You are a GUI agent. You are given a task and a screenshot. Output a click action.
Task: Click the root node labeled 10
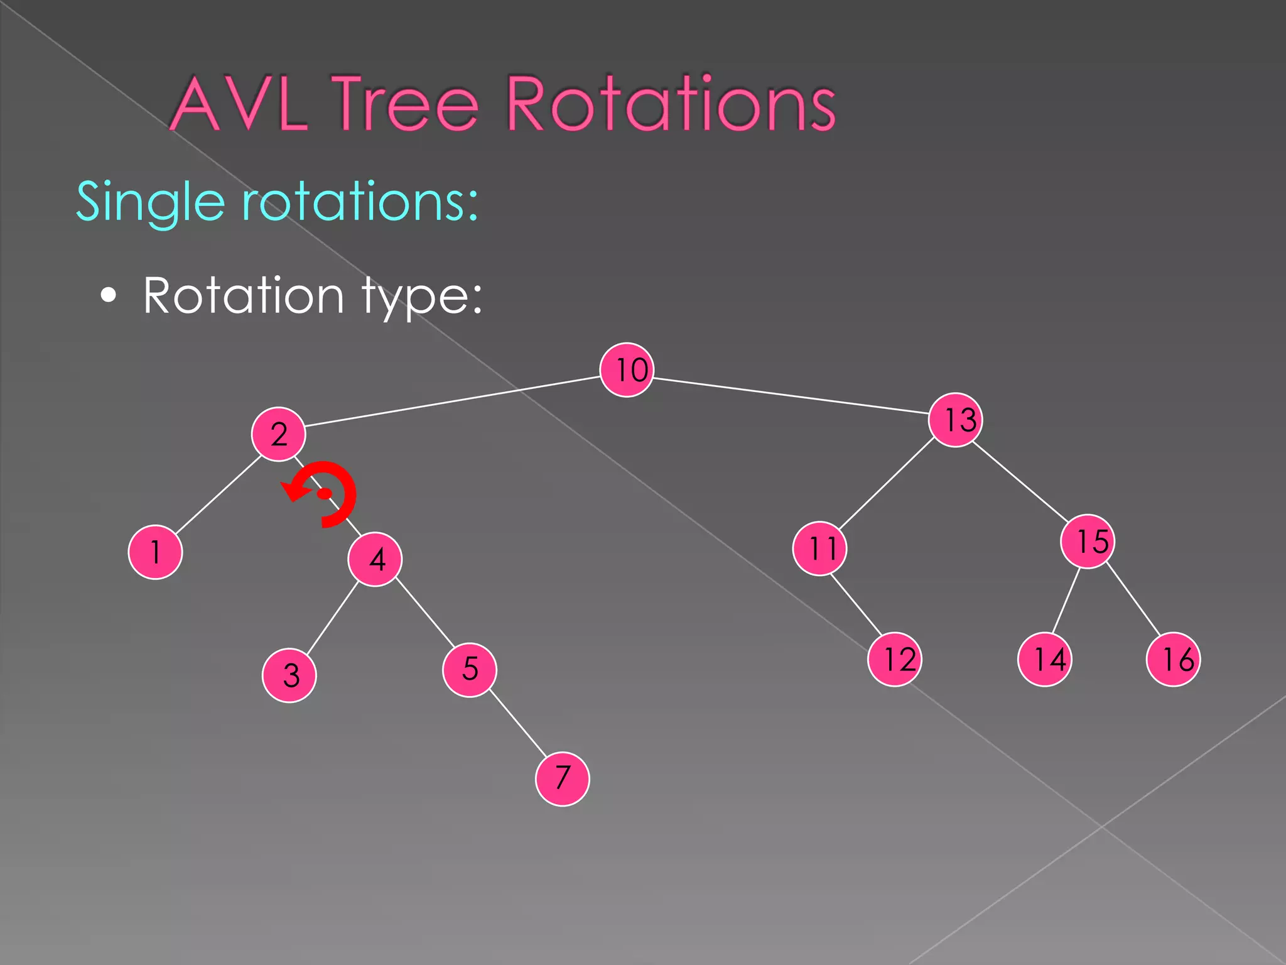627,370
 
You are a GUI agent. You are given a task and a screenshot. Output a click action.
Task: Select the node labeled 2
278,434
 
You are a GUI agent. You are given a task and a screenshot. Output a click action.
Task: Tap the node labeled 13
955,420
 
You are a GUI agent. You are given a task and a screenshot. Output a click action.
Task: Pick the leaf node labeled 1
155,552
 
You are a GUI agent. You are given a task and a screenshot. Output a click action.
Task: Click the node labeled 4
375,559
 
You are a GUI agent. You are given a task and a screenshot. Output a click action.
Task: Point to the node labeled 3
289,675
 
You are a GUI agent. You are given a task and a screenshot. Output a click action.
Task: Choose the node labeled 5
470,670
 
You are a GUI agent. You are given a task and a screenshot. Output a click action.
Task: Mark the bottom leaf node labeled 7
563,778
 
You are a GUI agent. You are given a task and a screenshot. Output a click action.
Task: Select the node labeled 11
820,548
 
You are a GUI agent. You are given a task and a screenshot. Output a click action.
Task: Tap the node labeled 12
895,660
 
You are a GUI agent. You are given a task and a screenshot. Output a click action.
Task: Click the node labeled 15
1088,542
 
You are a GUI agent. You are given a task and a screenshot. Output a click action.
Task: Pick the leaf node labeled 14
1045,660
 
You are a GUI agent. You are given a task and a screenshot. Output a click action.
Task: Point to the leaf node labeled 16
1173,660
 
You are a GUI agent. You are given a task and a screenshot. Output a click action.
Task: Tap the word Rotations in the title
671,103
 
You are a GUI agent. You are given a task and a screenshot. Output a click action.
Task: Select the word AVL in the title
239,104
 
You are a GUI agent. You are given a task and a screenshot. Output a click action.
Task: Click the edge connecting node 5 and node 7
517,723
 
